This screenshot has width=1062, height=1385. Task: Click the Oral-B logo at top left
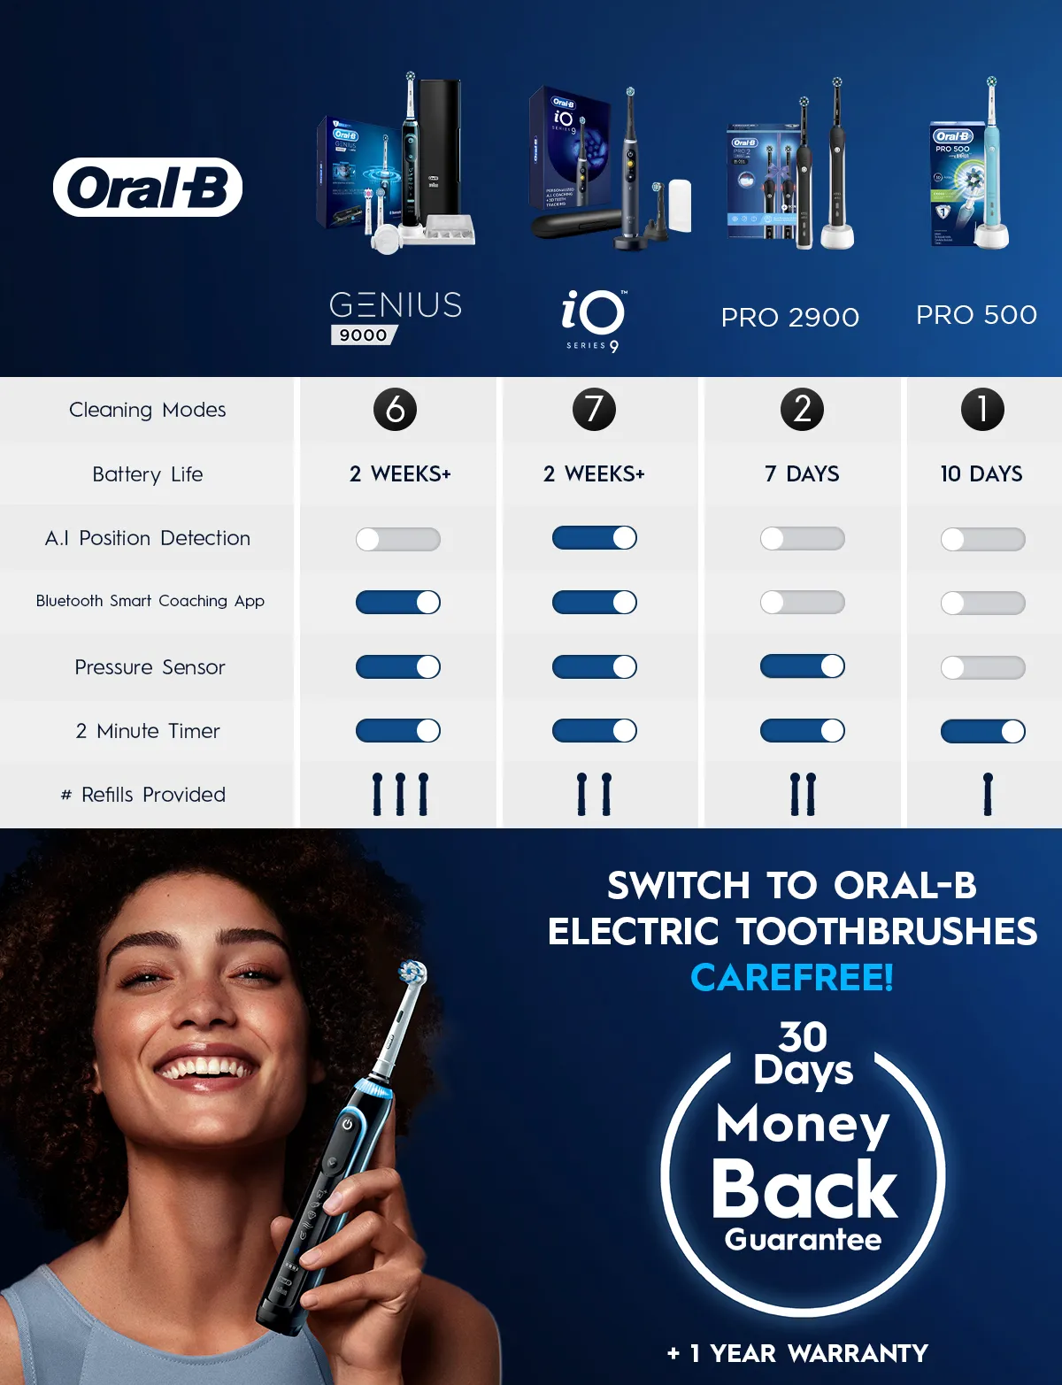point(148,188)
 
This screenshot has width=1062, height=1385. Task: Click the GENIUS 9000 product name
point(395,315)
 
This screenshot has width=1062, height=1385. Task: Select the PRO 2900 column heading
point(789,317)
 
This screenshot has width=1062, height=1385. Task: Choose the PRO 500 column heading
point(976,315)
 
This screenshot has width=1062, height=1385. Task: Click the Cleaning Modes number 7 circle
point(594,410)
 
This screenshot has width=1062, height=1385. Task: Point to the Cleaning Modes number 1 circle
point(982,410)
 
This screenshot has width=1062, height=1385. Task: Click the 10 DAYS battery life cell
point(981,474)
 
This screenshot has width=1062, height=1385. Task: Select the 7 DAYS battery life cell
point(802,474)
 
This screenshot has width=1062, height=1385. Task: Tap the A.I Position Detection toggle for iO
point(594,538)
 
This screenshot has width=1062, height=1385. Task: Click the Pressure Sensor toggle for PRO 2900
point(802,666)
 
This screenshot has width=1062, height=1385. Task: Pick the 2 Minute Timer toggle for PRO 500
point(982,731)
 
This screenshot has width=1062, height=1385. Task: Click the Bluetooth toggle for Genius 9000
point(397,603)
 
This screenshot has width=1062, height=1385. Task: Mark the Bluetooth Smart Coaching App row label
point(150,601)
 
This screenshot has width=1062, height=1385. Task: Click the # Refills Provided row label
point(143,795)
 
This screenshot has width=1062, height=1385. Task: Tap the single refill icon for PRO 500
point(988,794)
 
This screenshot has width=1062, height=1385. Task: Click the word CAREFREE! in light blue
point(791,978)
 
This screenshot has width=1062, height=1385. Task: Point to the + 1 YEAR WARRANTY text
point(797,1353)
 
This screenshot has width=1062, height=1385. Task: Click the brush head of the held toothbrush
point(412,973)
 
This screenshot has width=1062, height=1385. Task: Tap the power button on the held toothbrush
point(347,1124)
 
